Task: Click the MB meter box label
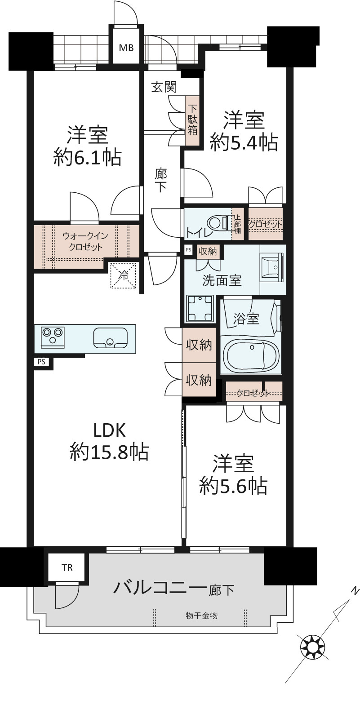pos(126,48)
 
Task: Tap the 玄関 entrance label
pos(164,87)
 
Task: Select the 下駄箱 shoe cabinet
pos(192,120)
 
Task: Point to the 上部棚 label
pos(237,224)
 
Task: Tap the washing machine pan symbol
pos(200,308)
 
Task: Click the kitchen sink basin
pos(110,338)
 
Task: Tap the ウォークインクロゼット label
pos(85,242)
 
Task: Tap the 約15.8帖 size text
pos(109,452)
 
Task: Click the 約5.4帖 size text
pos(244,142)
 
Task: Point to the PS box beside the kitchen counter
pos(41,361)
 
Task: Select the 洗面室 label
pos(222,280)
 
